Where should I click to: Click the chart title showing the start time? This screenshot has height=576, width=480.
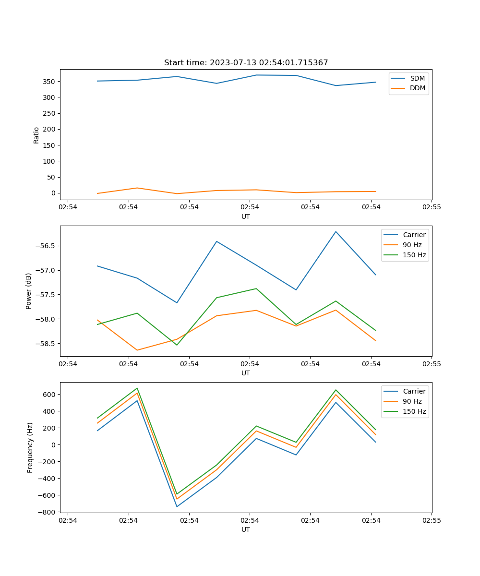pos(246,63)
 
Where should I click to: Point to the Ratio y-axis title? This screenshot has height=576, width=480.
pos(36,135)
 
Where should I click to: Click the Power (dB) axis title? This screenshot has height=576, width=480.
pos(29,291)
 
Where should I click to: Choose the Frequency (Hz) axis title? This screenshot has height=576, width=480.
pos(30,447)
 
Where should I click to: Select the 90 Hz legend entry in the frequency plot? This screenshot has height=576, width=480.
pos(412,401)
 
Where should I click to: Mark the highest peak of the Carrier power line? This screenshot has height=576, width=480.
pos(336,231)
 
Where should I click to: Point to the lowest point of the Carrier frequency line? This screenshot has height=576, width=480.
pos(177,506)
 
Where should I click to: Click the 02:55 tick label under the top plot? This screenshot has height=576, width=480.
pos(432,207)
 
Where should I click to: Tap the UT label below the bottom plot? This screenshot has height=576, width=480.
pos(246,529)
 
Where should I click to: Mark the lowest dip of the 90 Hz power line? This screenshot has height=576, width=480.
pos(137,350)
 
